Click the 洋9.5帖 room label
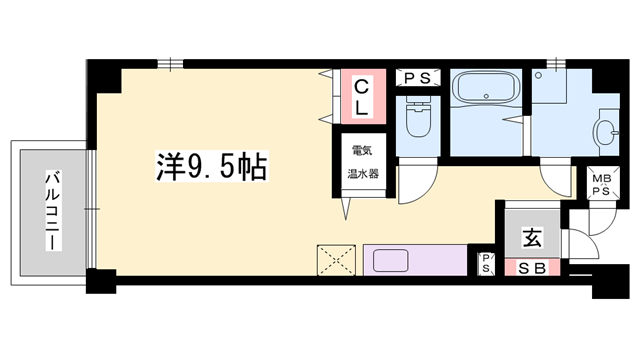point(210,167)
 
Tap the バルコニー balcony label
point(50,210)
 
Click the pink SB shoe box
point(532,267)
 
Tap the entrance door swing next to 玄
point(580,245)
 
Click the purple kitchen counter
point(430,260)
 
